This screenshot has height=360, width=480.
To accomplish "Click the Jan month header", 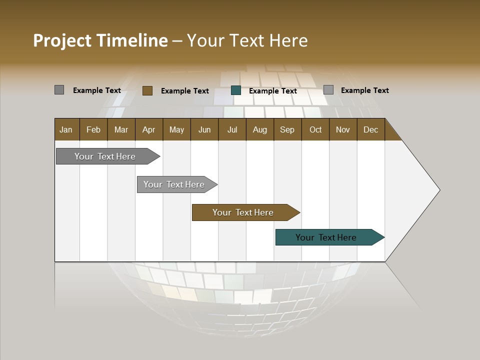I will (66, 129).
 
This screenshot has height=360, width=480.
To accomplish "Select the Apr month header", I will (149, 129).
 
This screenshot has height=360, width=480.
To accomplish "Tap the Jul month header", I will (232, 129).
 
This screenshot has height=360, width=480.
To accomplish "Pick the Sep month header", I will (287, 129).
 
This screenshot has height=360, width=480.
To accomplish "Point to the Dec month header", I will (370, 129).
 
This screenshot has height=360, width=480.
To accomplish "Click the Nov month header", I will (342, 129).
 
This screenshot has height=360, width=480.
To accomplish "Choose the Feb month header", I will (93, 129).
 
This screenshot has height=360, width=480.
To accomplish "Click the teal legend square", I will (236, 90).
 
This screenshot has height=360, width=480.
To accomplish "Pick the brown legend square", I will (147, 90).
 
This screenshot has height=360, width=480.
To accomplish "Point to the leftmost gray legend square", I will (59, 90).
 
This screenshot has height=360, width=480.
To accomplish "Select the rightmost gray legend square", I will (328, 90).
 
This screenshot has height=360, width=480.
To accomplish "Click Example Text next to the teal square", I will (272, 91).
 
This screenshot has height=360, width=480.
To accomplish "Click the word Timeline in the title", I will (132, 40).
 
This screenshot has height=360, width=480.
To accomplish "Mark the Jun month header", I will (204, 129).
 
